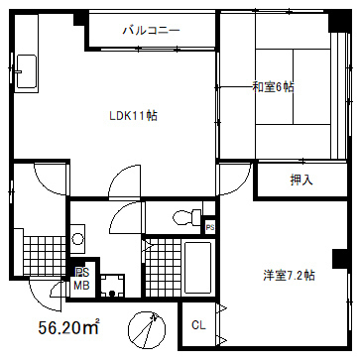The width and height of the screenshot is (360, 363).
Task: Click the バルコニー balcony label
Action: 152,31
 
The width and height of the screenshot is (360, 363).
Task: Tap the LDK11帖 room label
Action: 133,116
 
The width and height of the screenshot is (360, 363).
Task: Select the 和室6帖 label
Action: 273,87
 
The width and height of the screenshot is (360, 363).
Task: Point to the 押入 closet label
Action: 301,180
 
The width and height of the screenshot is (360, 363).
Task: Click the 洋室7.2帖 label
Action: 289,275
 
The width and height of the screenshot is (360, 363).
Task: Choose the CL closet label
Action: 198,325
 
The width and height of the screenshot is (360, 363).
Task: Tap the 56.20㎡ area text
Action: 68,327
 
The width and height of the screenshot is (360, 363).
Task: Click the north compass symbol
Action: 147,328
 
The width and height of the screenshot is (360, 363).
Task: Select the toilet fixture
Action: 186,217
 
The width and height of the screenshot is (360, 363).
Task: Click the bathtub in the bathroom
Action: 197,268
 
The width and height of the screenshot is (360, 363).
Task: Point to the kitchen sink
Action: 26,71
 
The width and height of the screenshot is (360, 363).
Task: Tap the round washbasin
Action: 78,239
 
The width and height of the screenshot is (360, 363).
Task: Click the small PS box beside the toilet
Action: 210,227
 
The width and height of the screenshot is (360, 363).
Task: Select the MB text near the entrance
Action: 81,286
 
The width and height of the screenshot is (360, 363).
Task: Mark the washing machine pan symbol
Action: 112,286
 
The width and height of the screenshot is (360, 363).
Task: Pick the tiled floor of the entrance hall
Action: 45,256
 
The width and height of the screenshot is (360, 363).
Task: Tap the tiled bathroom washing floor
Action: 164,268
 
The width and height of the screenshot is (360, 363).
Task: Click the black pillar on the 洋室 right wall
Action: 339,259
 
